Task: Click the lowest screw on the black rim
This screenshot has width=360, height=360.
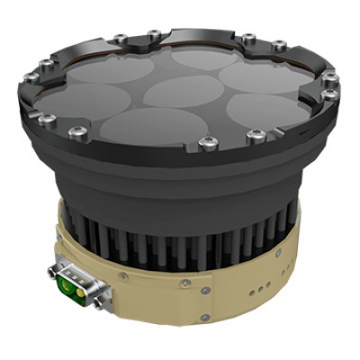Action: click(x=208, y=140)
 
